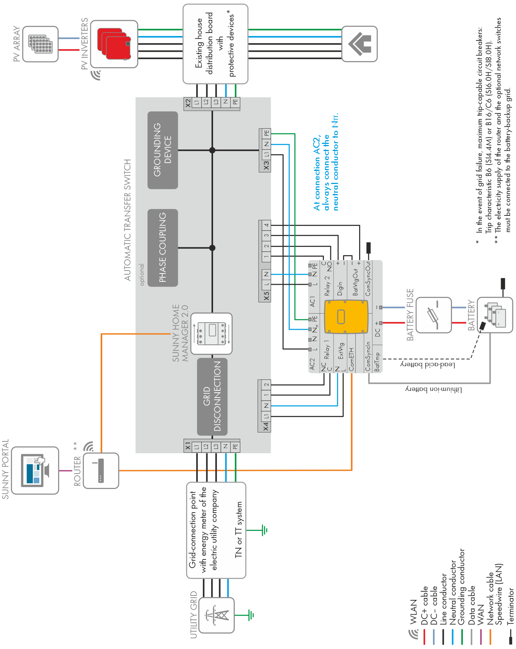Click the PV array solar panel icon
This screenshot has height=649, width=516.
[40, 44]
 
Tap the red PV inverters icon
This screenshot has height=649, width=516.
[114, 44]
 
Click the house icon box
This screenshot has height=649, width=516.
[359, 43]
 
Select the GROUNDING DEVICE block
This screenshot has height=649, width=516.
[163, 150]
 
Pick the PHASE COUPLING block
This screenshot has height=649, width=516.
[163, 248]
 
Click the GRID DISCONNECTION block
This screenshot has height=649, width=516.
[212, 396]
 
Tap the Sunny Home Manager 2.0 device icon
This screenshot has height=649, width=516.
[211, 333]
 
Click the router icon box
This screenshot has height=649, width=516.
[101, 470]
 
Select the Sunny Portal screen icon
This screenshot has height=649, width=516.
[35, 470]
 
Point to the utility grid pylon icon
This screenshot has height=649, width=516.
[216, 615]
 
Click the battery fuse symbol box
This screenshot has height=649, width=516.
[434, 315]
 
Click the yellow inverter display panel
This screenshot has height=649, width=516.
[346, 317]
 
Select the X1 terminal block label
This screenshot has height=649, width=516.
[188, 446]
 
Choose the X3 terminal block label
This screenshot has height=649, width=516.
[266, 165]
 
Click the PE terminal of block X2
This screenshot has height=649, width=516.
[235, 102]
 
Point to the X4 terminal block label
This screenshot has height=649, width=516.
[266, 426]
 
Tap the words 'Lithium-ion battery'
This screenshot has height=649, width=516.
[434, 390]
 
